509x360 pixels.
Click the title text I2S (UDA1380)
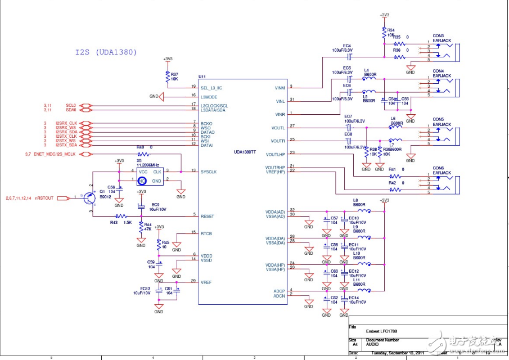106,52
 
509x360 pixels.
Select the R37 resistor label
175,74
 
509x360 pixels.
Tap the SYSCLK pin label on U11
210,171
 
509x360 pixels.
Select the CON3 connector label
439,35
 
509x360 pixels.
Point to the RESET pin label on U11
207,216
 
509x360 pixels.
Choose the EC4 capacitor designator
346,46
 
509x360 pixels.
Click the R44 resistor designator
148,224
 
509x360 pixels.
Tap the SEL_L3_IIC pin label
212,87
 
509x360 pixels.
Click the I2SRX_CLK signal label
66,123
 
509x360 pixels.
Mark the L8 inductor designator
355,200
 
